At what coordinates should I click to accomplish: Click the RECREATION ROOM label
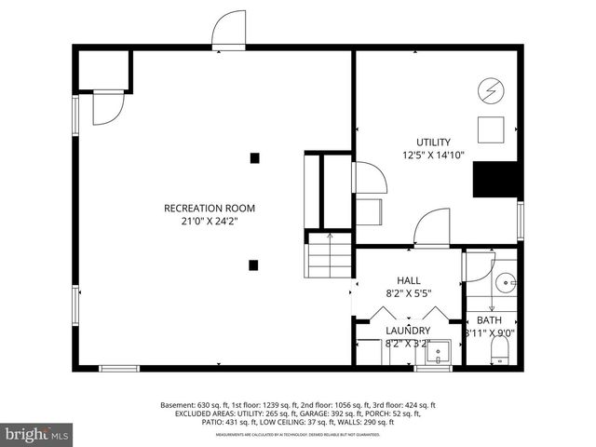209,208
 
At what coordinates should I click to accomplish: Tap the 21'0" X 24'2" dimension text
209,222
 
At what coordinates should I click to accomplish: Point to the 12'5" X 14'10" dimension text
433,156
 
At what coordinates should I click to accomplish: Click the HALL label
409,279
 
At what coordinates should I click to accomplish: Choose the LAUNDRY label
408,331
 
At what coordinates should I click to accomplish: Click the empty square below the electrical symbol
491,129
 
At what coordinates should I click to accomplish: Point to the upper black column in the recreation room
253,157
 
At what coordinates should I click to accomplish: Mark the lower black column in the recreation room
253,264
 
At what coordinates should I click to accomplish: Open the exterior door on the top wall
228,34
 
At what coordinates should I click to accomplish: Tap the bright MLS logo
37,434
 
